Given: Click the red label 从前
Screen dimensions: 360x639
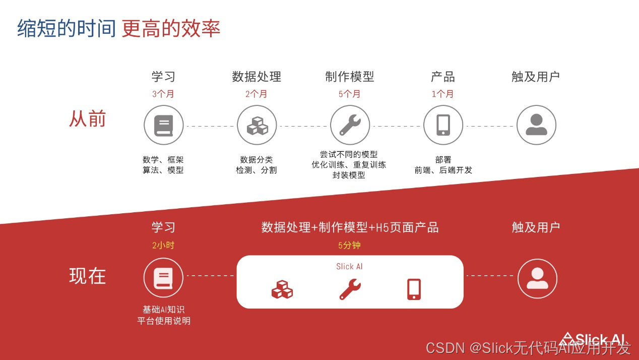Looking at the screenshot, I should [x=87, y=119].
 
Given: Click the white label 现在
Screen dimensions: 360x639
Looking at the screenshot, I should [x=87, y=276].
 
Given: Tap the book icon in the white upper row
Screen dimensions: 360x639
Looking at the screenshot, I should [x=163, y=125].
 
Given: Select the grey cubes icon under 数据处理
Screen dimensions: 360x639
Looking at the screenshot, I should [x=257, y=126].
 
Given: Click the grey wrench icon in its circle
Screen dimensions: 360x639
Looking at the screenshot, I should [x=350, y=125].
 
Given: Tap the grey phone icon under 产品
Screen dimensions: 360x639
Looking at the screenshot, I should [x=443, y=125].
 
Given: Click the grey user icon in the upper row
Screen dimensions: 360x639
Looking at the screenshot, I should [x=536, y=125].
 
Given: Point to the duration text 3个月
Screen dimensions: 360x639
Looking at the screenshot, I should [x=163, y=94].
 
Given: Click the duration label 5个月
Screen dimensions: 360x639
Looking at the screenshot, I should [x=350, y=94].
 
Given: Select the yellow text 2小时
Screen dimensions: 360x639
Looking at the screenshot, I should [x=163, y=246].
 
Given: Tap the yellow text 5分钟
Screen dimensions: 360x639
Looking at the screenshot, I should [x=350, y=246].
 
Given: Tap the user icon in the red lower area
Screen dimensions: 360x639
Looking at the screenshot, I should [x=537, y=278].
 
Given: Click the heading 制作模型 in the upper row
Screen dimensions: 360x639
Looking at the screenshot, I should [x=350, y=77].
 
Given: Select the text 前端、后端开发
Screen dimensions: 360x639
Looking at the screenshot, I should [x=443, y=170].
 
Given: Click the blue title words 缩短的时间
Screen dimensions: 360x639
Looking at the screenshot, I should [x=67, y=29].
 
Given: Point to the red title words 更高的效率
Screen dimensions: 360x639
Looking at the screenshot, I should [x=171, y=29].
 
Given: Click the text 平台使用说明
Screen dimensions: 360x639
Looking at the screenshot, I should [x=164, y=321].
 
